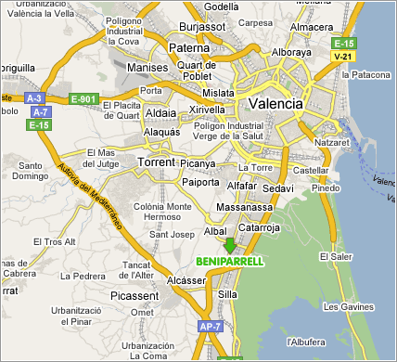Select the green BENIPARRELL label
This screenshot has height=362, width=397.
230,262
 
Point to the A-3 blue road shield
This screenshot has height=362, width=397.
35,98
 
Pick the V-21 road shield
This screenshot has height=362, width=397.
343,57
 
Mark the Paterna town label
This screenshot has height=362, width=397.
192,47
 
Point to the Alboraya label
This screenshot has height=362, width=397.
289,52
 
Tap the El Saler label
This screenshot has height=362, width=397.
334,255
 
